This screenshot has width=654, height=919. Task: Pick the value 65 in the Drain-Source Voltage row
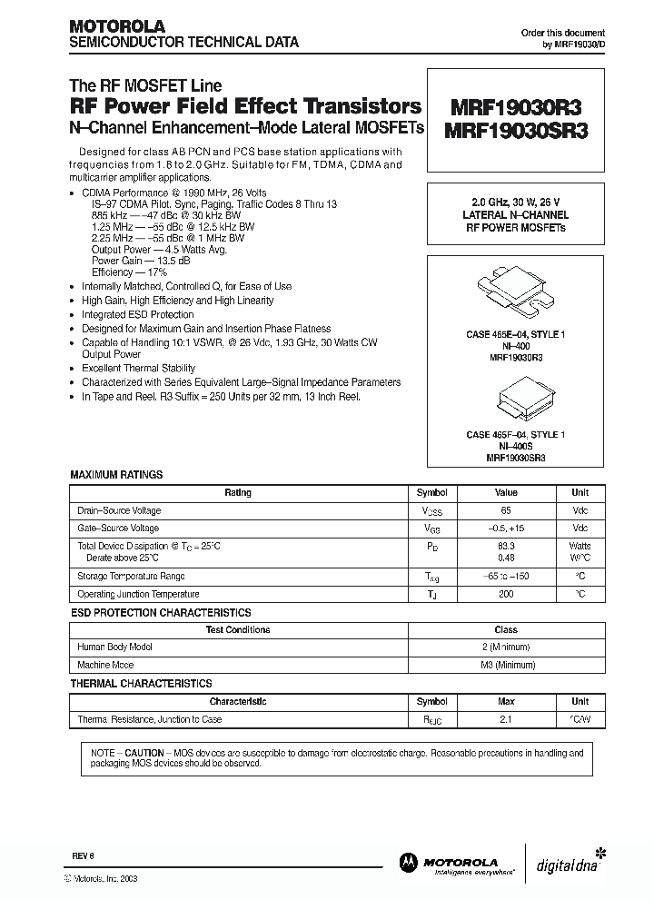point(506,510)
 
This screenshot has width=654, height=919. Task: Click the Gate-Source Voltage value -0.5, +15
point(506,529)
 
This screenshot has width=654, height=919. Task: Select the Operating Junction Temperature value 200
point(506,594)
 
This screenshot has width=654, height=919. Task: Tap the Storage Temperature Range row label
point(132,577)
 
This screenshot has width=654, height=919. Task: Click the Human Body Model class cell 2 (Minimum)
point(506,647)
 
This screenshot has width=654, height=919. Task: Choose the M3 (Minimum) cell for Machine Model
point(506,665)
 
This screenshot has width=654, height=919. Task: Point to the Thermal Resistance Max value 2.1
point(506,719)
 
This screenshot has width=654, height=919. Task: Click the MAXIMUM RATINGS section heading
point(116,475)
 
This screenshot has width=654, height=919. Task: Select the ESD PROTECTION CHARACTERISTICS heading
point(161,613)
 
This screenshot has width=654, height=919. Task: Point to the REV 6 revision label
point(83,857)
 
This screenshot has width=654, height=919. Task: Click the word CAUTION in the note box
point(144,753)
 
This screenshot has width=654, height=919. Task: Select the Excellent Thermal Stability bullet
point(138,369)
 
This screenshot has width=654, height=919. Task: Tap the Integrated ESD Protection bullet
point(137,314)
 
